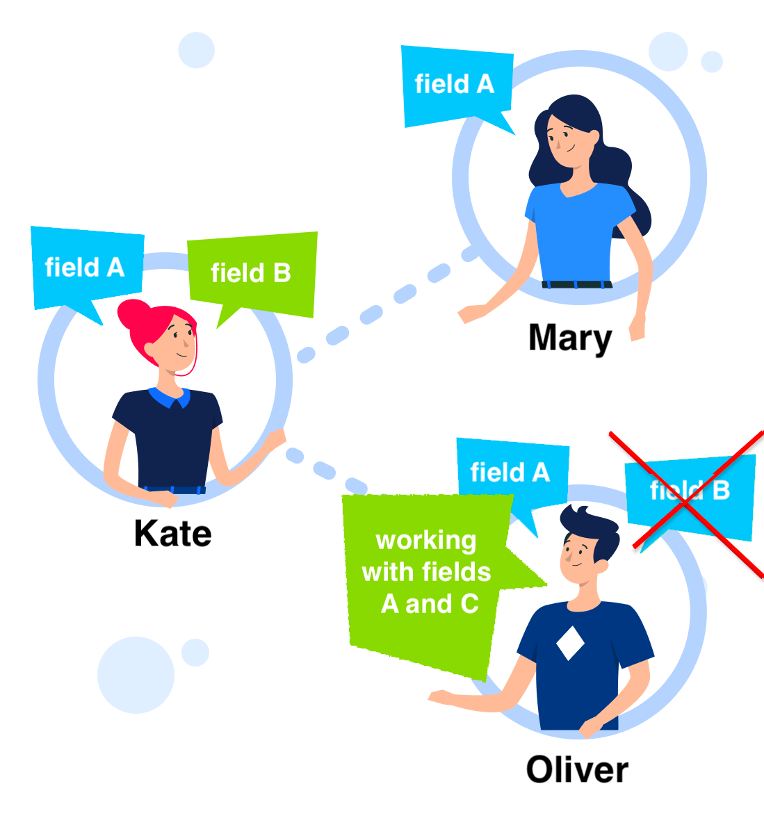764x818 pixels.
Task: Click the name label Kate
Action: tap(172, 534)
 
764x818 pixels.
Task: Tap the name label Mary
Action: tap(570, 338)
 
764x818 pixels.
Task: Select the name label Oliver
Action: tap(577, 770)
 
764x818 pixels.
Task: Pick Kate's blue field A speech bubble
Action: tap(85, 268)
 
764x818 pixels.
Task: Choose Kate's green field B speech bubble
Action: tap(251, 273)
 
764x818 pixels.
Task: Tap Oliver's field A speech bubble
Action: tap(510, 473)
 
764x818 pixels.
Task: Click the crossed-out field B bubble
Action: tap(690, 493)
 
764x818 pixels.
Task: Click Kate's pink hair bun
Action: tap(133, 316)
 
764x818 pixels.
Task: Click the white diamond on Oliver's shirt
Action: tap(570, 642)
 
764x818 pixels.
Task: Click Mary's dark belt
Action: tap(577, 284)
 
